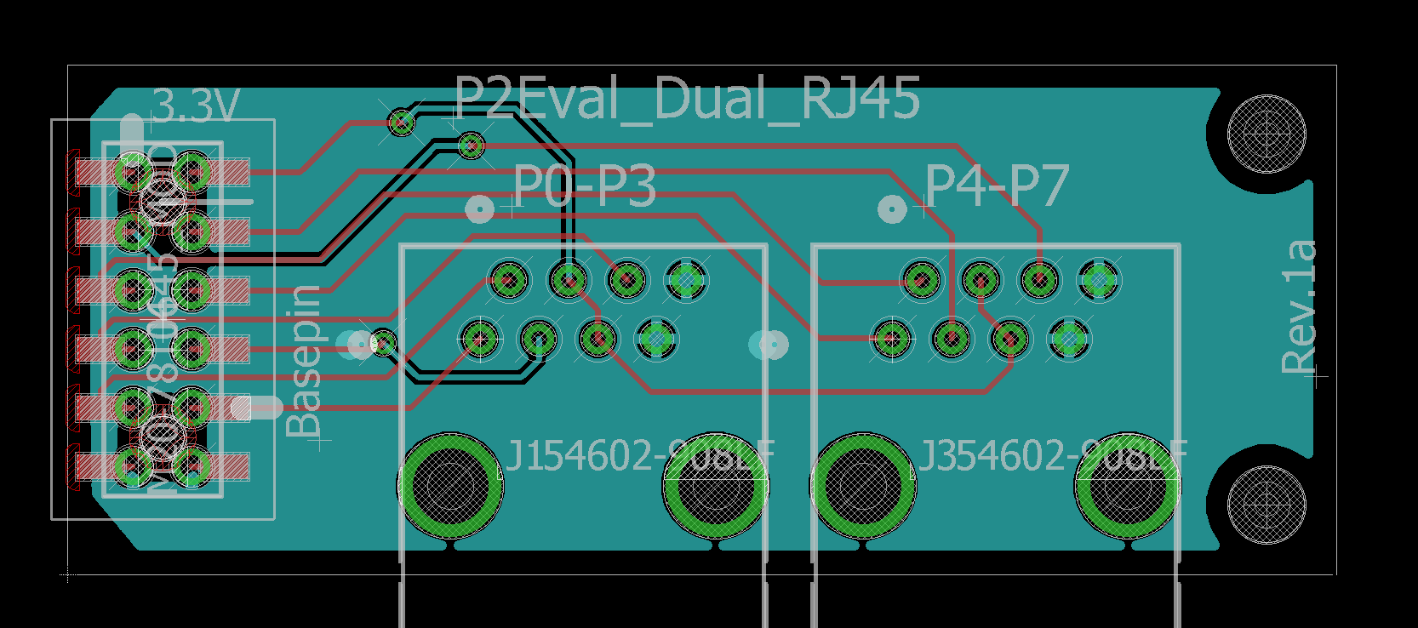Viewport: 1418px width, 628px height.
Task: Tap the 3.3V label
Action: (x=196, y=107)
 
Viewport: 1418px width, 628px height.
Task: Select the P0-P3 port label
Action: (x=585, y=186)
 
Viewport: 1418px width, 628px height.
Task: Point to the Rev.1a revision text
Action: (x=1299, y=306)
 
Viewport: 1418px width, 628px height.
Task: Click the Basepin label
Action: (x=305, y=362)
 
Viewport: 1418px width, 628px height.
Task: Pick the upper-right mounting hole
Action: (x=1266, y=134)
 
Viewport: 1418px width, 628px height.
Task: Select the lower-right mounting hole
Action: (x=1266, y=504)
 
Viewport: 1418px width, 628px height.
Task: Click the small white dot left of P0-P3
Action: (x=479, y=208)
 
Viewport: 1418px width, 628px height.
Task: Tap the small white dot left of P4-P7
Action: (x=891, y=208)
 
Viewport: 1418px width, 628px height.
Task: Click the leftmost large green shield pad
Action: (x=449, y=486)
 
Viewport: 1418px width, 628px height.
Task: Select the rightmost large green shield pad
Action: (x=1128, y=486)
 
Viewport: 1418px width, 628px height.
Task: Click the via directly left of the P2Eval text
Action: (x=402, y=123)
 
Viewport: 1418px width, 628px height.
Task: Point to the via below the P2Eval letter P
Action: (x=471, y=146)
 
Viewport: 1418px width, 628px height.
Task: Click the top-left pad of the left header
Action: (x=133, y=173)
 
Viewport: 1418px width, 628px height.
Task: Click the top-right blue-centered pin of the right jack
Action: (x=1099, y=279)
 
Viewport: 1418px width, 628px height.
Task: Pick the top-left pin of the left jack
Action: (x=509, y=279)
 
